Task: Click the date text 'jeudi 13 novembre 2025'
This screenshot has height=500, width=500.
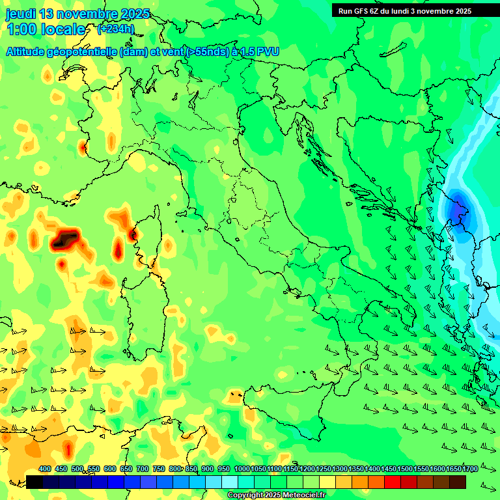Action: point(77,14)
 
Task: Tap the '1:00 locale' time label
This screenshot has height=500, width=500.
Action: point(46,29)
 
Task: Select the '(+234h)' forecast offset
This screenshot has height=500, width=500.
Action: point(116,29)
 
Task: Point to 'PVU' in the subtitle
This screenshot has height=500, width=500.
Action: point(267,51)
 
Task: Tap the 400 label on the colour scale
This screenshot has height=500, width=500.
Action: point(45,469)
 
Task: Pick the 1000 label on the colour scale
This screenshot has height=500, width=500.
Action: point(242,469)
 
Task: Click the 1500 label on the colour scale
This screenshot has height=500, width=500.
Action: point(405,469)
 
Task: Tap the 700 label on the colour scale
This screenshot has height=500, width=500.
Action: point(143,469)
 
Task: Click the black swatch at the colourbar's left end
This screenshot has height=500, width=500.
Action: point(35,482)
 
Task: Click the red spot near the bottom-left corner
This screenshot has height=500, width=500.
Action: point(68,449)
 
